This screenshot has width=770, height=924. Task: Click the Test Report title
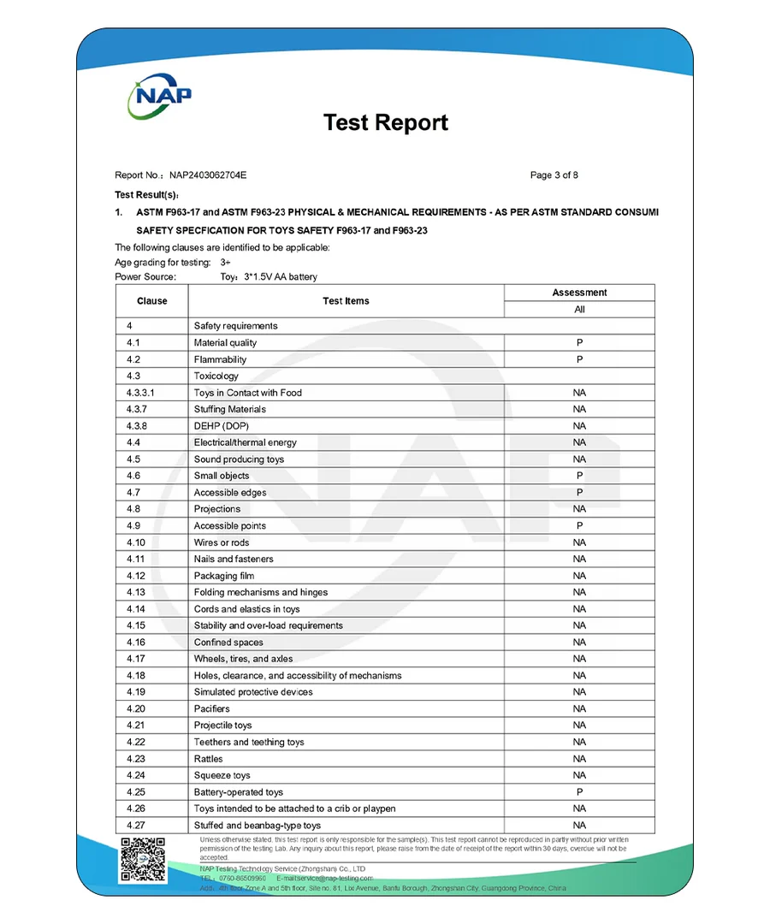point(385,122)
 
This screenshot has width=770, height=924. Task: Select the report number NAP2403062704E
point(207,175)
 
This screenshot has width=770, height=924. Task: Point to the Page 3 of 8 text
point(554,175)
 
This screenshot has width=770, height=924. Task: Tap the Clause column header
point(151,301)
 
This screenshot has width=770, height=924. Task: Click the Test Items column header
point(346,301)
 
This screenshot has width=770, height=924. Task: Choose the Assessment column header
point(579,293)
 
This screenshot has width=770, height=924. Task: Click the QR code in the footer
point(143,859)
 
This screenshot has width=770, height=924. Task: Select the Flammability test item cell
point(220,359)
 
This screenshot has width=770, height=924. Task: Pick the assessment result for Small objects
point(579,476)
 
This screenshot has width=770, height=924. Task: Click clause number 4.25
point(136,792)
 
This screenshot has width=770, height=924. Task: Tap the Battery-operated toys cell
point(238,792)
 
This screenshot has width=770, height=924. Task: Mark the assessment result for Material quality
point(579,343)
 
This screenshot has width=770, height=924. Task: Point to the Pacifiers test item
point(211,708)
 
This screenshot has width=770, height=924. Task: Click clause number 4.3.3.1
point(141,393)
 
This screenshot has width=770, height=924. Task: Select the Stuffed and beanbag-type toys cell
point(257,826)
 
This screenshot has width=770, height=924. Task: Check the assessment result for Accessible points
point(579,526)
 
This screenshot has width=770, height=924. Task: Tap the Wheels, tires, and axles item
point(243,659)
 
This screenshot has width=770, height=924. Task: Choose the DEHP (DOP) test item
point(221,426)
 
